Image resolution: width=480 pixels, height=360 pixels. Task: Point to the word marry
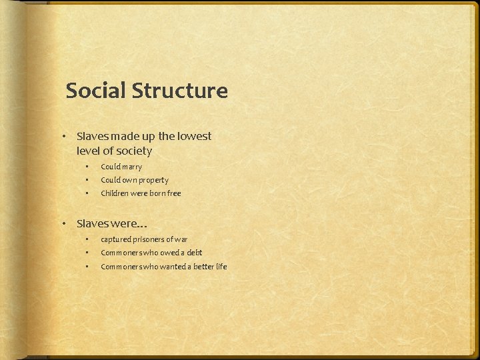point(131,167)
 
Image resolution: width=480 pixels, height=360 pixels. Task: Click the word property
point(153,180)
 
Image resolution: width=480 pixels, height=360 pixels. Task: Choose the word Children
point(116,193)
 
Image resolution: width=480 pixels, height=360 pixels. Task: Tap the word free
point(173,193)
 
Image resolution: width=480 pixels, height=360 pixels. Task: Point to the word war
point(181,239)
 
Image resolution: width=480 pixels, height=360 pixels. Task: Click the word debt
point(193,253)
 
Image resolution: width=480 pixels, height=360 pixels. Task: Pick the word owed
point(168,253)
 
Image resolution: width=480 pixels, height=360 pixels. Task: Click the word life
point(221,267)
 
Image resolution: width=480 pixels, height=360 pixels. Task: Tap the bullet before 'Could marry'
point(86,167)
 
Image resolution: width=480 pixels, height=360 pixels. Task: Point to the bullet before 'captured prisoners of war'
point(86,239)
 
